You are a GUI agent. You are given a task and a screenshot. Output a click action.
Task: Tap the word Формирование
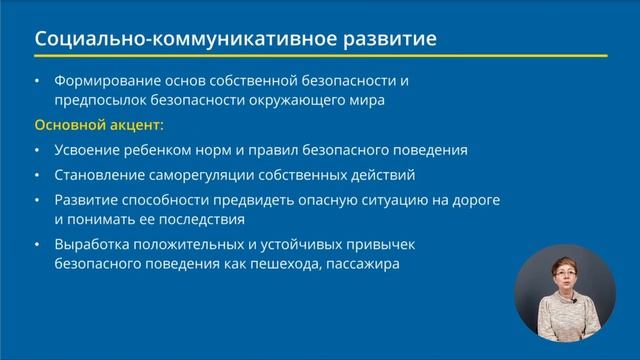click(107, 80)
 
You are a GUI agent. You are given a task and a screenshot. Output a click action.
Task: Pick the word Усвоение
click(87, 150)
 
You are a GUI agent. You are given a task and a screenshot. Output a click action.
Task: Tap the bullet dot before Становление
click(38, 175)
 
